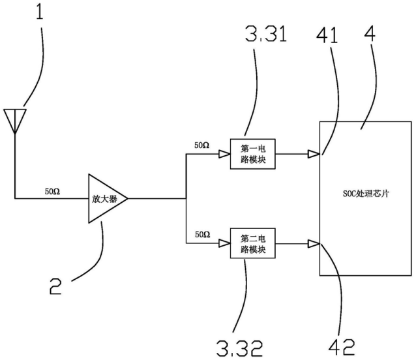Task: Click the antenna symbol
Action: click(15, 121)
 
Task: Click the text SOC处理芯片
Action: click(366, 194)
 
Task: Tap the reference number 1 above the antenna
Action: click(39, 11)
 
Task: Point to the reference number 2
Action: click(55, 286)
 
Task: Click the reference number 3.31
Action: click(266, 33)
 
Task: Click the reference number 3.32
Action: click(240, 348)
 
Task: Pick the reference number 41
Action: click(327, 36)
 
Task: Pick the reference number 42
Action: click(342, 347)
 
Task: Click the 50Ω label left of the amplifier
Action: click(52, 191)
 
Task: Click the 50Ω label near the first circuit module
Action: click(202, 145)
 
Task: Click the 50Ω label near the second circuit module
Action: click(203, 235)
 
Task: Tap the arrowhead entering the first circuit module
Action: click(224, 154)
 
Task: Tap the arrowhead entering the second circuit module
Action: click(224, 243)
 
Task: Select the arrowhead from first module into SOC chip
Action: click(314, 154)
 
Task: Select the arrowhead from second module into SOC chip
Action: click(314, 243)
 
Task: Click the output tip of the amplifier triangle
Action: click(128, 198)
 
